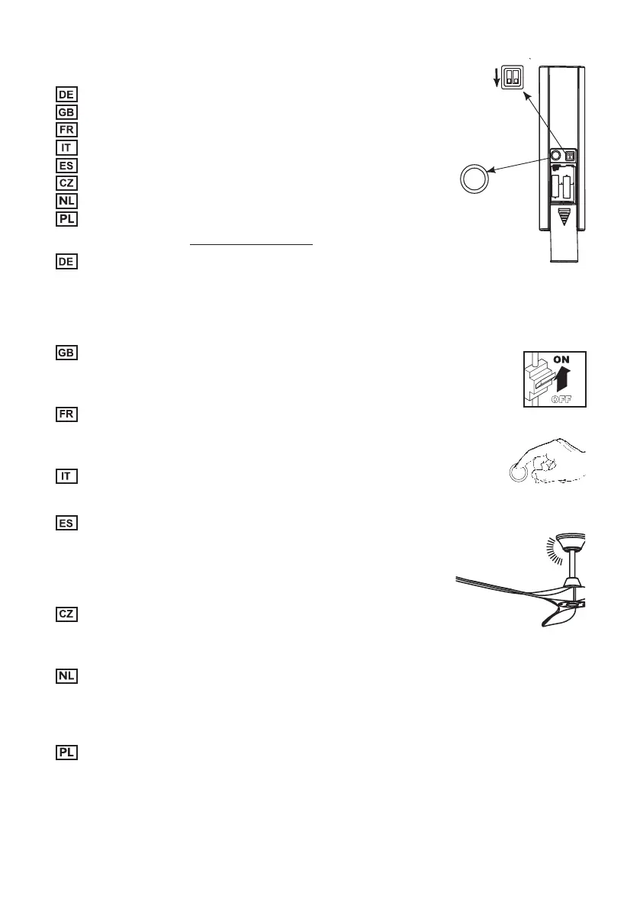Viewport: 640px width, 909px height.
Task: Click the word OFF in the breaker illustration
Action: click(565, 398)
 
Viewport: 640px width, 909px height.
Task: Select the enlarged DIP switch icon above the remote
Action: click(510, 75)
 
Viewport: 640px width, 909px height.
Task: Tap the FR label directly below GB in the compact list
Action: click(66, 129)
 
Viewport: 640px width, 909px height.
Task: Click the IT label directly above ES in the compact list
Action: click(66, 147)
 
